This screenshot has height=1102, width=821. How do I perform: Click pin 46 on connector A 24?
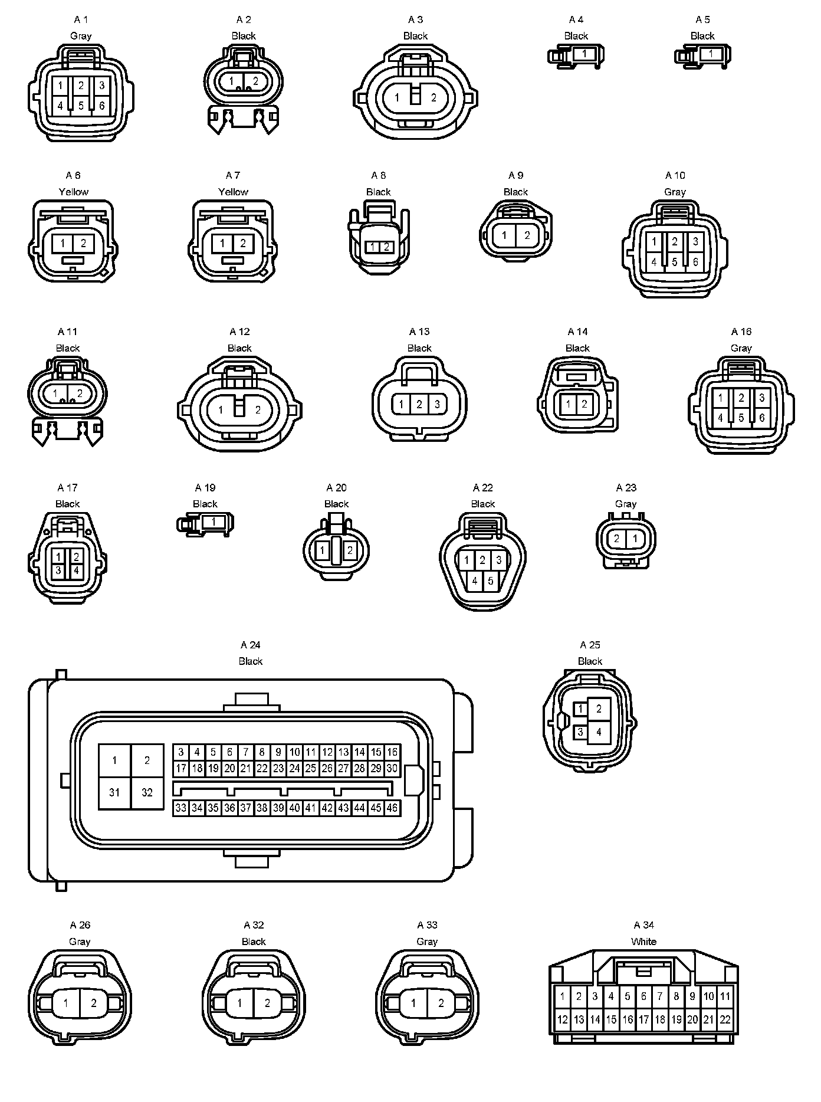392,808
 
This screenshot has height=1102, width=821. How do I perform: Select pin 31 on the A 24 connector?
114,792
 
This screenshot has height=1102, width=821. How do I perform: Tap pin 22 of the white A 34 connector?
725,1019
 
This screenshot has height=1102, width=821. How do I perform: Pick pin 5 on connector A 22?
491,581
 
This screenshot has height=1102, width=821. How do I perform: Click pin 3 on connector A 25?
581,732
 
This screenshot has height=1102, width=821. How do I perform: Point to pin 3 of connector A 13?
437,405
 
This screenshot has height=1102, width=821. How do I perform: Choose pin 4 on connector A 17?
77,571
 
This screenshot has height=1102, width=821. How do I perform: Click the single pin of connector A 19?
214,522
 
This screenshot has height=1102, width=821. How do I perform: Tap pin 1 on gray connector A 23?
635,539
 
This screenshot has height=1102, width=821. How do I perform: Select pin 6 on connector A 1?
102,106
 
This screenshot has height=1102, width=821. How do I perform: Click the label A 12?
239,332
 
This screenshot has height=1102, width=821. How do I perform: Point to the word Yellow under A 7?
233,192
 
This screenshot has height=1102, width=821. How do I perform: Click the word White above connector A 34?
643,942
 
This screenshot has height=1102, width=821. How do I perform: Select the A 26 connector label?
80,925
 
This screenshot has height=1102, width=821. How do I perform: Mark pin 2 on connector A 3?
434,98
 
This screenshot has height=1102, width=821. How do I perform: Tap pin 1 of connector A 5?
711,54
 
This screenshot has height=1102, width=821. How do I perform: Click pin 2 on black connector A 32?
267,1003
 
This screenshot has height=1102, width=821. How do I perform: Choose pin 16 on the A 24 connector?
392,752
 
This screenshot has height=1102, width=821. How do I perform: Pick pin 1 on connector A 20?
322,551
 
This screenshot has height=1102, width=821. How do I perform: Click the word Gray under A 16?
741,348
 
